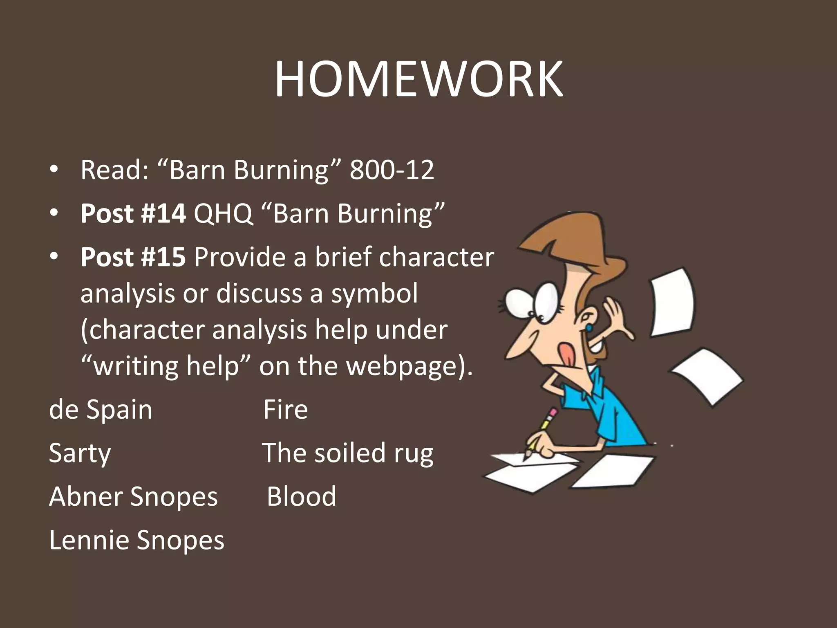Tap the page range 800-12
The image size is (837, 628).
[392, 170]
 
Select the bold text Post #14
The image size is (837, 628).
[133, 213]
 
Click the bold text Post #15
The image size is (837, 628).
[133, 257]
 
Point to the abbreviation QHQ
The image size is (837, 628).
[223, 213]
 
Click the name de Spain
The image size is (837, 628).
[101, 409]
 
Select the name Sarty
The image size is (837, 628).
[80, 453]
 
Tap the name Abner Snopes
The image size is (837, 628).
[134, 496]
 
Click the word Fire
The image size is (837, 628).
[285, 409]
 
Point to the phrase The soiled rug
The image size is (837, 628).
[347, 453]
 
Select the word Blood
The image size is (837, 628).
[302, 496]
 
